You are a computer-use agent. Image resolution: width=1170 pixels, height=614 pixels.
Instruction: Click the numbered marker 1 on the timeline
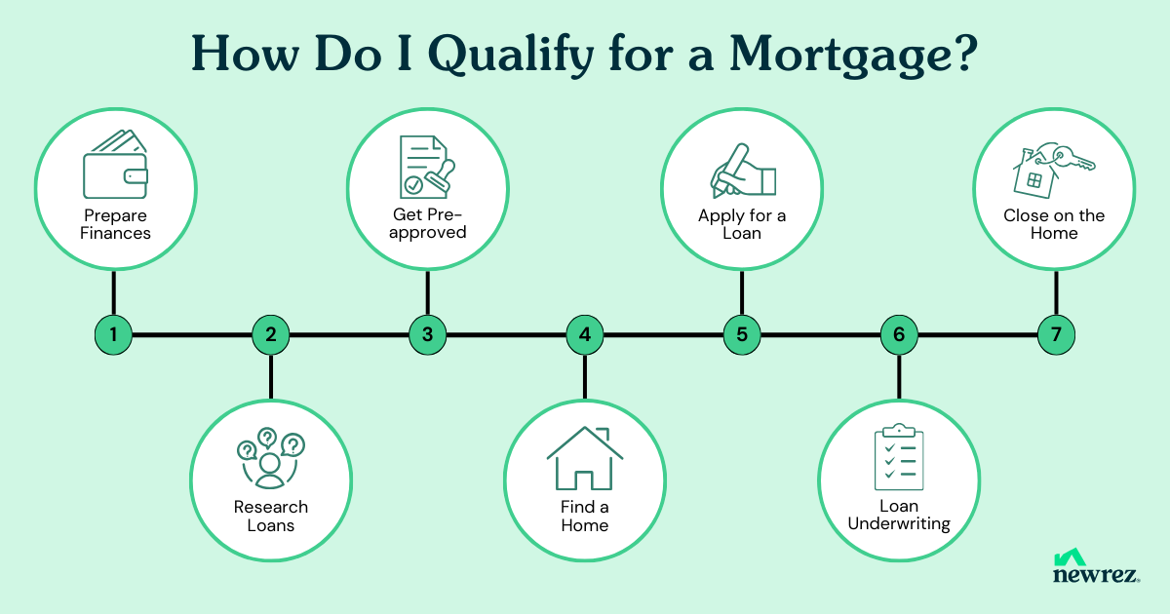click(113, 334)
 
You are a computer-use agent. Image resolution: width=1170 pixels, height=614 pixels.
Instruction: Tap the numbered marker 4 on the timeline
click(585, 334)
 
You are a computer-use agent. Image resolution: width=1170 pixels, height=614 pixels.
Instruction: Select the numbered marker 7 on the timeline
click(1056, 334)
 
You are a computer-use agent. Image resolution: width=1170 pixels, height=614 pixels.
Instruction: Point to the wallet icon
click(115, 164)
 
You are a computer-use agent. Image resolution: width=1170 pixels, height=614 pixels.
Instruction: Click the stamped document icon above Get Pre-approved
click(427, 167)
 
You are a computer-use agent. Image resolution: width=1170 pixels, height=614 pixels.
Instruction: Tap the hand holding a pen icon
click(743, 171)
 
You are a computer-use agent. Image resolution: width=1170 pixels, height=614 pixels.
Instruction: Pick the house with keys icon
click(1054, 171)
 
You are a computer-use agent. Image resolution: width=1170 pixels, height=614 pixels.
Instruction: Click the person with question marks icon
click(271, 458)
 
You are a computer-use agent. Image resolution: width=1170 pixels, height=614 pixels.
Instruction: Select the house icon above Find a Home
click(585, 458)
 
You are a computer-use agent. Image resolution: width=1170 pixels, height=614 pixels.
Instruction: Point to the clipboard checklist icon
click(899, 457)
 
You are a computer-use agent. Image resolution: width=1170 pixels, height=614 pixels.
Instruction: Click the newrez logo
click(1096, 565)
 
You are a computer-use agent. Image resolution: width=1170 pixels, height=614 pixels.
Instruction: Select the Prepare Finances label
click(115, 224)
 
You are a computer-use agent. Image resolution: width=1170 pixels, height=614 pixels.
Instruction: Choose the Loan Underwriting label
click(899, 515)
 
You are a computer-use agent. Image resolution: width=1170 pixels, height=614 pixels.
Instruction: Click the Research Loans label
click(271, 516)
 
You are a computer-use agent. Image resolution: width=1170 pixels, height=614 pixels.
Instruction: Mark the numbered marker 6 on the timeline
click(899, 334)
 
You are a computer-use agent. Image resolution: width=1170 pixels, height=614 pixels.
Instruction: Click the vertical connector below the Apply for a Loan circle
click(742, 292)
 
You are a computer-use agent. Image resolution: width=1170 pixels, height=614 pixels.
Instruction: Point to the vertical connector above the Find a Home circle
click(585, 377)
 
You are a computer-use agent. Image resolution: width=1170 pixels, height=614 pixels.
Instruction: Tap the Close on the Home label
click(1054, 224)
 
